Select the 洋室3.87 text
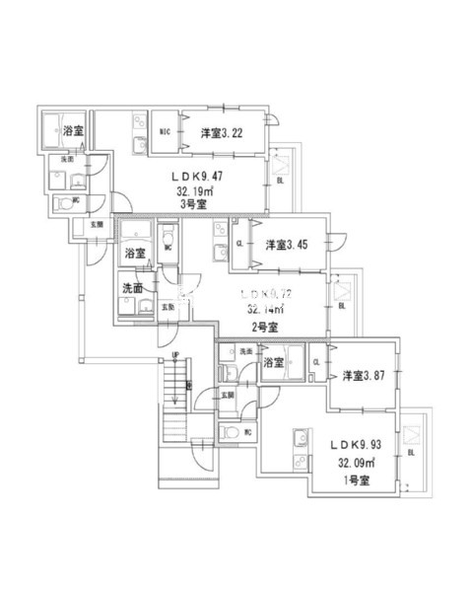(362, 375)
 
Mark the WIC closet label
(167, 131)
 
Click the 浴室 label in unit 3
(72, 131)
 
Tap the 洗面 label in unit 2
(133, 289)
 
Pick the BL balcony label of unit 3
(283, 181)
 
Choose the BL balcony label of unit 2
(342, 307)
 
